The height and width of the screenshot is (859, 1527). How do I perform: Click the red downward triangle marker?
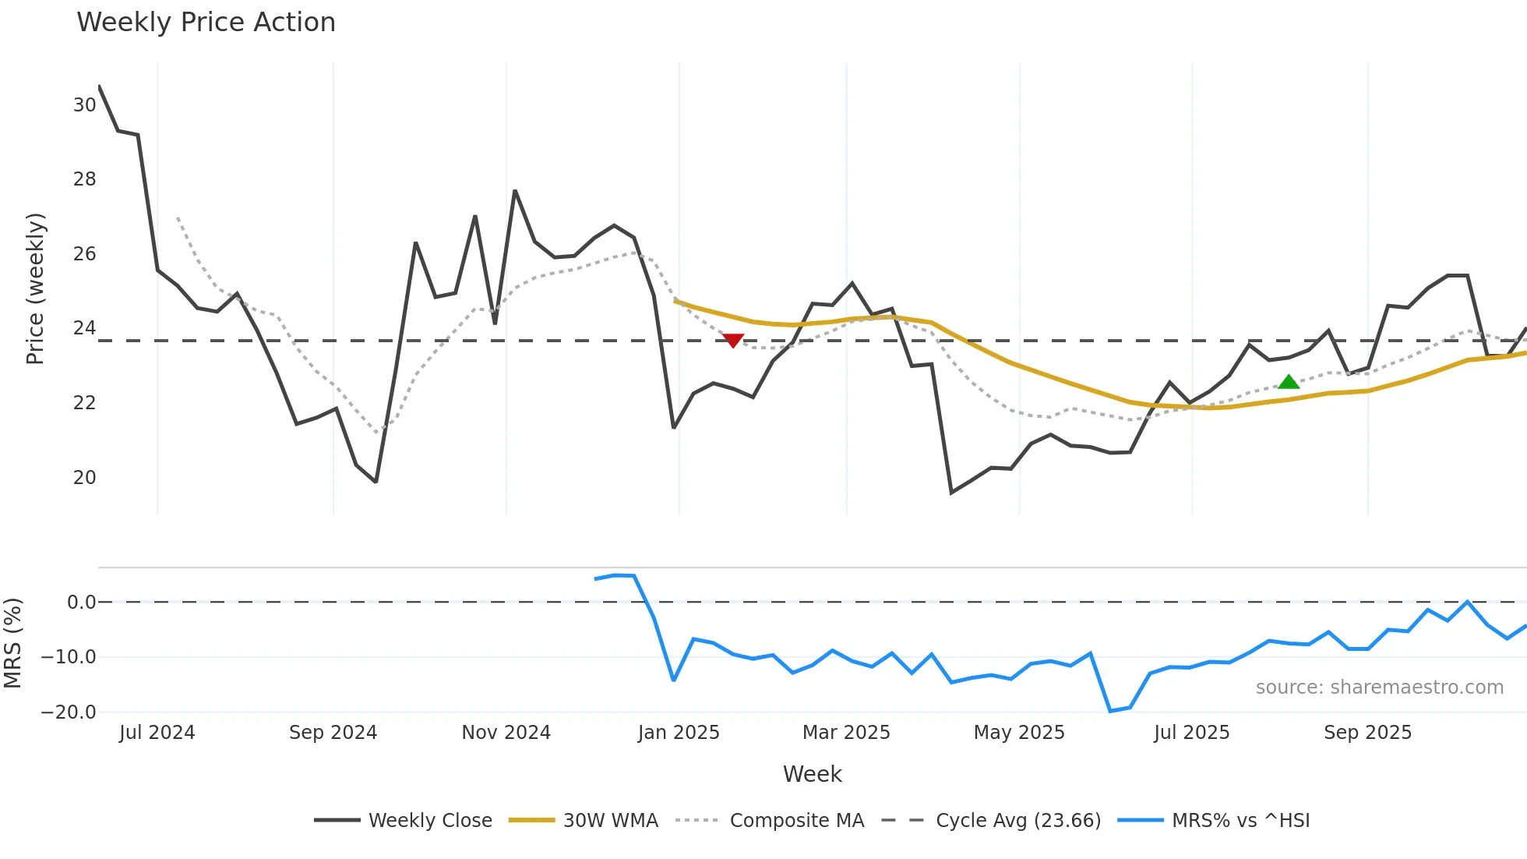(x=733, y=341)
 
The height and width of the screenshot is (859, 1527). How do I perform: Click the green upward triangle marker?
(x=1289, y=382)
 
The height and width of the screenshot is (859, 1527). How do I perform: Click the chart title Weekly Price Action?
(x=206, y=23)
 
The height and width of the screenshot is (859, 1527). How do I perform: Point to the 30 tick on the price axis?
(x=84, y=105)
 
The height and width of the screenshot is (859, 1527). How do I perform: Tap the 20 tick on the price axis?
(x=84, y=478)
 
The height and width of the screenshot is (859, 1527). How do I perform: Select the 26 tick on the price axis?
(x=84, y=254)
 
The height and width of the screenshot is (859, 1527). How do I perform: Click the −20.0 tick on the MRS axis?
(x=69, y=712)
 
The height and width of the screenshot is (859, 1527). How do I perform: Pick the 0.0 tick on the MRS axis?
(x=81, y=603)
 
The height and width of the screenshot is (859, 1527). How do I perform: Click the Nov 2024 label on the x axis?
(x=506, y=733)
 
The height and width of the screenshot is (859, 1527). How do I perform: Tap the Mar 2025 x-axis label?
(x=846, y=733)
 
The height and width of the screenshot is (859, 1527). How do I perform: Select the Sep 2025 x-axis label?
(x=1367, y=733)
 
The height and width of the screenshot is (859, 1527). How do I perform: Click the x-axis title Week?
(x=812, y=774)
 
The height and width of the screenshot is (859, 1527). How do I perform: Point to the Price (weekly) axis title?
(x=36, y=288)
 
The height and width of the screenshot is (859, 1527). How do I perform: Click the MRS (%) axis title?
(x=12, y=643)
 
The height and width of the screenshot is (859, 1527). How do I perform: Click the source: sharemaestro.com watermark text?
(x=1379, y=688)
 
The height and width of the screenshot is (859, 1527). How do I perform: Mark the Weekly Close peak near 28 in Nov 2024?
(x=515, y=191)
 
